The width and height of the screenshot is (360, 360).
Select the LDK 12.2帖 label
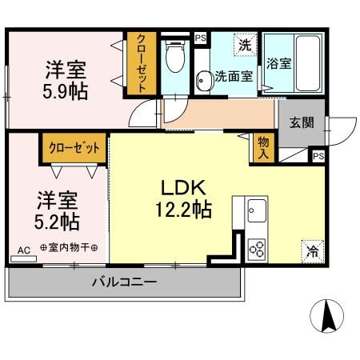point(185,199)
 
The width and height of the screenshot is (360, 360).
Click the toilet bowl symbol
point(174,58)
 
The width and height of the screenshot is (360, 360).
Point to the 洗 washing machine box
point(246,46)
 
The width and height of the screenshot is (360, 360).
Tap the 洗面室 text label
point(234,78)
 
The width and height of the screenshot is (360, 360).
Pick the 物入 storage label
point(262,147)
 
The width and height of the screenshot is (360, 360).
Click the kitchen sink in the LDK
point(257,213)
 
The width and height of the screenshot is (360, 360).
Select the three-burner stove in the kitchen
point(257,248)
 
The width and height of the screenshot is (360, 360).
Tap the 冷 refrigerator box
point(312,251)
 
